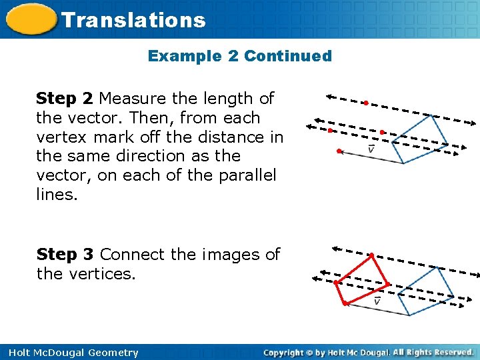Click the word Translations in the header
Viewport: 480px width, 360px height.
pyautogui.click(x=133, y=20)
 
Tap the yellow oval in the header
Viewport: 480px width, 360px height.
pyautogui.click(x=30, y=20)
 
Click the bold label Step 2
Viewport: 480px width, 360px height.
pyautogui.click(x=65, y=99)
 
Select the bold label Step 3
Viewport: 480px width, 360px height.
pyautogui.click(x=65, y=255)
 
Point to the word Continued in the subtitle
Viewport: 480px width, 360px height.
pyautogui.click(x=288, y=56)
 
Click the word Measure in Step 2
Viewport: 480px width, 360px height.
pyautogui.click(x=133, y=99)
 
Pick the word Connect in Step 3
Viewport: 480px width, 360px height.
pyautogui.click(x=131, y=255)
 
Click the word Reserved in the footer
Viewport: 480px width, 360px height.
pyautogui.click(x=451, y=352)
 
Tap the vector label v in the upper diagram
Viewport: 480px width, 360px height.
pyautogui.click(x=371, y=149)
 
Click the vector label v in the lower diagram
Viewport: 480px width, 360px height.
pyautogui.click(x=377, y=301)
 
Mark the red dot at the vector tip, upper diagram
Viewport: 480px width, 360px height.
pyautogui.click(x=339, y=152)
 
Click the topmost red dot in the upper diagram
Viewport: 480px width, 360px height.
pyautogui.click(x=366, y=103)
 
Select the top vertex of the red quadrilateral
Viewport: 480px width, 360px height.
pyautogui.click(x=371, y=255)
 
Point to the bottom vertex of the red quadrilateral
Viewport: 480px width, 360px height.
pyautogui.click(x=344, y=304)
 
